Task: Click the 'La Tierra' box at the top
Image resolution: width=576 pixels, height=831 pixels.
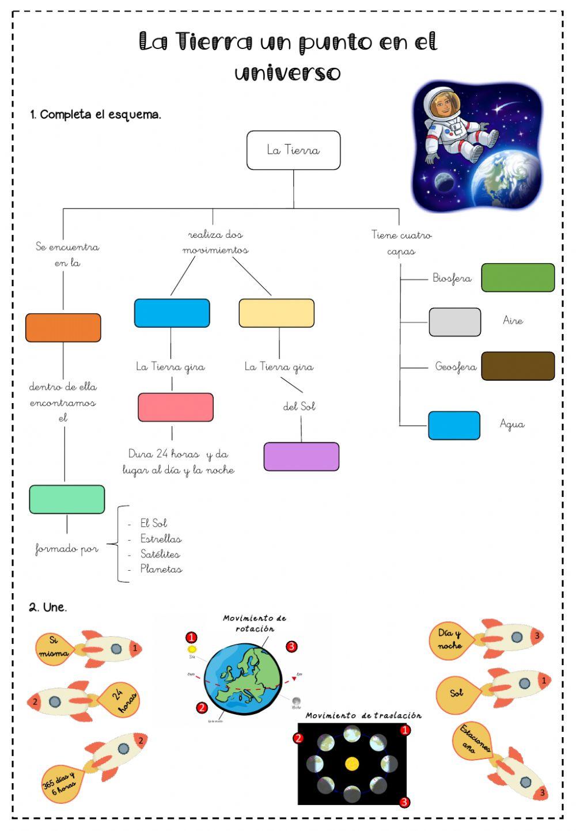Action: click(x=293, y=150)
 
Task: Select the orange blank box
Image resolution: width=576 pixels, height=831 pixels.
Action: click(x=63, y=328)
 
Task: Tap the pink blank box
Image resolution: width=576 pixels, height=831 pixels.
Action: click(x=176, y=407)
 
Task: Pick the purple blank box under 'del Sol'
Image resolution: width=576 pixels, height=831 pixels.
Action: click(x=301, y=457)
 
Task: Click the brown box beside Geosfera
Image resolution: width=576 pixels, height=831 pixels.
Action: click(x=518, y=366)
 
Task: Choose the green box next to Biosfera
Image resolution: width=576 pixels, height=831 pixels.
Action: click(x=518, y=278)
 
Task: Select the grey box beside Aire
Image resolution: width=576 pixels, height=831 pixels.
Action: click(x=454, y=322)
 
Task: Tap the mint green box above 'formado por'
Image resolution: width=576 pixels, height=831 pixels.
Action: click(x=67, y=499)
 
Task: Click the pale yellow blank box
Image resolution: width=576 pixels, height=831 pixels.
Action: click(x=276, y=313)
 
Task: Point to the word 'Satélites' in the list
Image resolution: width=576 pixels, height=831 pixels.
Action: click(x=160, y=554)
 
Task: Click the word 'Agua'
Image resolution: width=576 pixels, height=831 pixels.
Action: click(x=512, y=424)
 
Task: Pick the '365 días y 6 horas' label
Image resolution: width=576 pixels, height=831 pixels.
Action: click(x=60, y=783)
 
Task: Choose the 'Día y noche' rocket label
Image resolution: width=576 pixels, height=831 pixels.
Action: click(x=450, y=640)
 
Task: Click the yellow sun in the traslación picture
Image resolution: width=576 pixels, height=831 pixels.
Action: click(x=352, y=764)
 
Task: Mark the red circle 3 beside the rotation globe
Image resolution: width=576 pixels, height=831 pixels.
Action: click(x=291, y=647)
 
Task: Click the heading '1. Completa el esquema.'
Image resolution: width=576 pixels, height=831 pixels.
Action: click(x=96, y=115)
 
